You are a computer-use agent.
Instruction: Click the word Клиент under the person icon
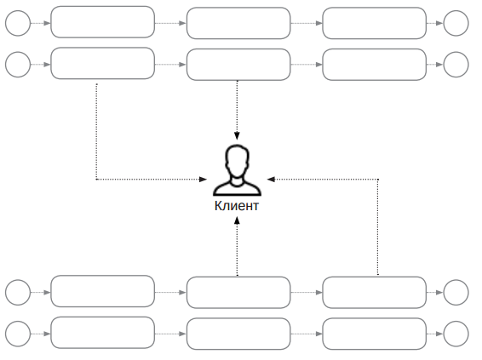click(237, 206)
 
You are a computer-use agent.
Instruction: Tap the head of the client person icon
click(237, 160)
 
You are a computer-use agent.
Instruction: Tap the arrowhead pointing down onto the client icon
click(237, 136)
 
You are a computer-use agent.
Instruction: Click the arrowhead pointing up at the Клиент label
click(237, 220)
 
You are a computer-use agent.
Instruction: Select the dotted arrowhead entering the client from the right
click(271, 179)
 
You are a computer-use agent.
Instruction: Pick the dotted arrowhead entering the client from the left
click(204, 179)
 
